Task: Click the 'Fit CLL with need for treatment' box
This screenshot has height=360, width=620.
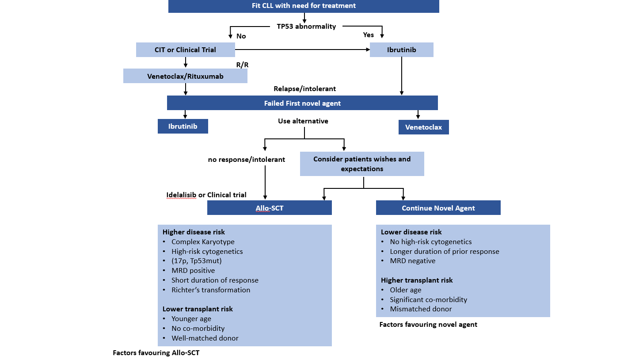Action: [x=304, y=6]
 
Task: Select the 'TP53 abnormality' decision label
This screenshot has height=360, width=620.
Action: [x=306, y=27]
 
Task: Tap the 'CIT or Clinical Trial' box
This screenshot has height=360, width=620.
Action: [x=185, y=50]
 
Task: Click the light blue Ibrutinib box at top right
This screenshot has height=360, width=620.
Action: [x=401, y=50]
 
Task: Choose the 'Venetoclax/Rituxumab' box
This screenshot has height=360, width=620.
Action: [x=185, y=76]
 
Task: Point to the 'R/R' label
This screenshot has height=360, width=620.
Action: [x=242, y=65]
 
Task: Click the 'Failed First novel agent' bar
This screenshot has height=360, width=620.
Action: [x=302, y=103]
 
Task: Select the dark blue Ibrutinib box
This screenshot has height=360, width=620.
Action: [x=183, y=126]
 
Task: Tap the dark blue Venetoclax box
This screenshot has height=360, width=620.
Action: [x=423, y=127]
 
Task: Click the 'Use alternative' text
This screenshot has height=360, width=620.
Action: [x=303, y=121]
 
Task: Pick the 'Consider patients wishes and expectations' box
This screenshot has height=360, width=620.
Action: [x=362, y=164]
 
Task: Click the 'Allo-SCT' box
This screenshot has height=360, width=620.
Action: [x=269, y=208]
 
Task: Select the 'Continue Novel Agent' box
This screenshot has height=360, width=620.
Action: [x=438, y=208]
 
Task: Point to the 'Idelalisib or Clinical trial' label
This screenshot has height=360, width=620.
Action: [x=206, y=195]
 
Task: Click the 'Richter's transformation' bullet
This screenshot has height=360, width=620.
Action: [x=211, y=290]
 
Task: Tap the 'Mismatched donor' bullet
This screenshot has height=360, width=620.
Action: [x=421, y=309]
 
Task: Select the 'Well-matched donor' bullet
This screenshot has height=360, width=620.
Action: [x=205, y=338]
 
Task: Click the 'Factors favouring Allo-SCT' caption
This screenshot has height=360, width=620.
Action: [x=159, y=353]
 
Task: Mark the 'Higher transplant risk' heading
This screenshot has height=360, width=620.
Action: [x=417, y=280]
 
